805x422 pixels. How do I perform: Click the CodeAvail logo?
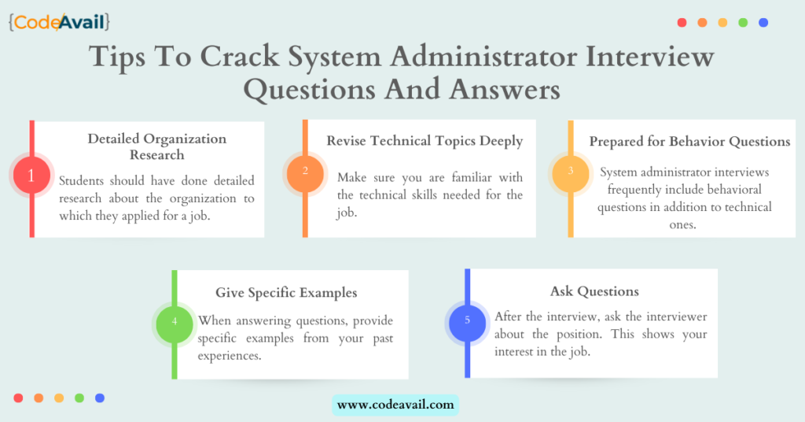pyautogui.click(x=59, y=22)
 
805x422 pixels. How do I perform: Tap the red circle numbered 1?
pyautogui.click(x=31, y=176)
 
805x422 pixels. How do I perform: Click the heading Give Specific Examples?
pyautogui.click(x=286, y=292)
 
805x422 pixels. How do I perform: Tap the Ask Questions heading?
pyautogui.click(x=594, y=291)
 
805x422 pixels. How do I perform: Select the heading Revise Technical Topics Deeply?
pyautogui.click(x=425, y=142)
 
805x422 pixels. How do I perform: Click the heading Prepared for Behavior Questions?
pyautogui.click(x=689, y=142)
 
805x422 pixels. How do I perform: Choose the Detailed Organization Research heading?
pyautogui.click(x=157, y=146)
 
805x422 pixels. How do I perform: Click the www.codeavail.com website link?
pyautogui.click(x=395, y=405)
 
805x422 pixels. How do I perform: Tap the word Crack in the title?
pyautogui.click(x=239, y=56)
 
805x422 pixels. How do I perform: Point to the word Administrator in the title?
pyautogui.click(x=483, y=56)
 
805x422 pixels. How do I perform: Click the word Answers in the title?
pyautogui.click(x=505, y=89)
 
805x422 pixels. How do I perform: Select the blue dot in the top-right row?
pyautogui.click(x=763, y=23)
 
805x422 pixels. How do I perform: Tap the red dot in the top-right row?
pyautogui.click(x=682, y=23)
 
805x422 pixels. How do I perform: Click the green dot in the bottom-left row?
pyautogui.click(x=79, y=398)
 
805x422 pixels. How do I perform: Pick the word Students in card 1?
pyautogui.click(x=80, y=181)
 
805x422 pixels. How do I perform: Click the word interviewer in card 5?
pyautogui.click(x=677, y=316)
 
